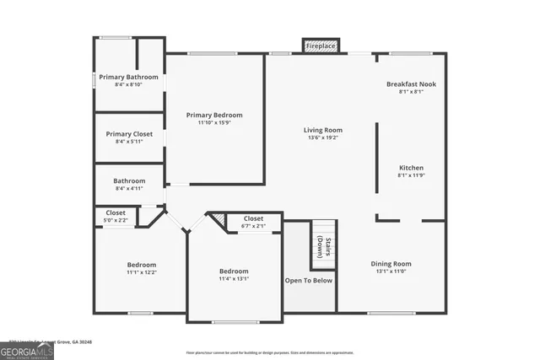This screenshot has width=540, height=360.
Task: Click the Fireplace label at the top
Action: pyautogui.click(x=321, y=46)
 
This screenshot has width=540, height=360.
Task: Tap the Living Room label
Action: pyautogui.click(x=323, y=130)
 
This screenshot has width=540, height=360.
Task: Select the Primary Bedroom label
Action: pyautogui.click(x=214, y=115)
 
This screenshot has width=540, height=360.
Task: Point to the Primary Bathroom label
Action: pyautogui.click(x=128, y=77)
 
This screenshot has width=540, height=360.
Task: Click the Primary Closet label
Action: pyautogui.click(x=129, y=134)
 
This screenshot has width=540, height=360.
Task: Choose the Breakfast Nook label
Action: pyautogui.click(x=411, y=84)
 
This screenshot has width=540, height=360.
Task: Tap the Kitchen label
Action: pyautogui.click(x=411, y=168)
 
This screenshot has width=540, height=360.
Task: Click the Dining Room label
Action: pyautogui.click(x=391, y=264)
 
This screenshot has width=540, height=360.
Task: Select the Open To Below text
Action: pyautogui.click(x=309, y=281)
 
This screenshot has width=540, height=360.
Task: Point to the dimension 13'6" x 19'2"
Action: pyautogui.click(x=323, y=138)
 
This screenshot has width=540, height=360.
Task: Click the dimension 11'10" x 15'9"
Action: pyautogui.click(x=214, y=123)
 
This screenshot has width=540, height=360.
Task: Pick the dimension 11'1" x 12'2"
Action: pyautogui.click(x=142, y=272)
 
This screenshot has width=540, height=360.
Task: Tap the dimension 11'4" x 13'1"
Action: pyautogui.click(x=234, y=279)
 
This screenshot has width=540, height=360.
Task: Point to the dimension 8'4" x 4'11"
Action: pyautogui.click(x=129, y=189)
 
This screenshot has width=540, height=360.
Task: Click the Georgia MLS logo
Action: pyautogui.click(x=27, y=349)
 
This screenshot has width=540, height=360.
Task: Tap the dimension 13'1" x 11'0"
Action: pyautogui.click(x=391, y=271)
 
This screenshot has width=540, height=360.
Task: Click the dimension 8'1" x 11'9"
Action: pyautogui.click(x=411, y=175)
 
